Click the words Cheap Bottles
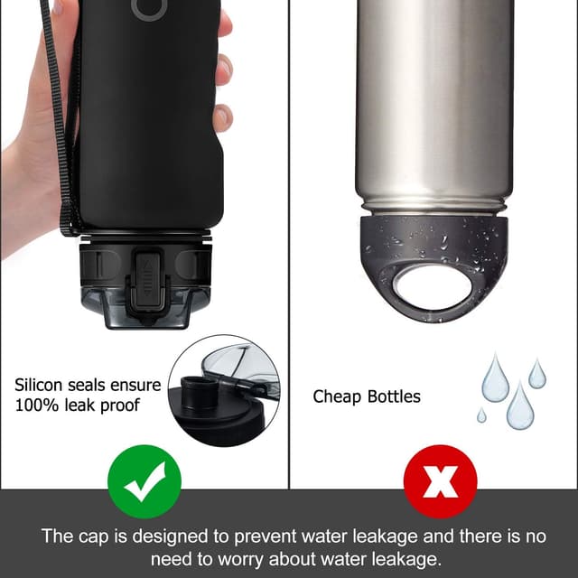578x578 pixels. [x=367, y=396]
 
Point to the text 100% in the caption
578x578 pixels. [x=35, y=406]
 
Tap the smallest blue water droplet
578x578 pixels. [x=481, y=415]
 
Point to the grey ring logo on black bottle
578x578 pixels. [x=149, y=8]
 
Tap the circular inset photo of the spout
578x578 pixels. [x=223, y=390]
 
